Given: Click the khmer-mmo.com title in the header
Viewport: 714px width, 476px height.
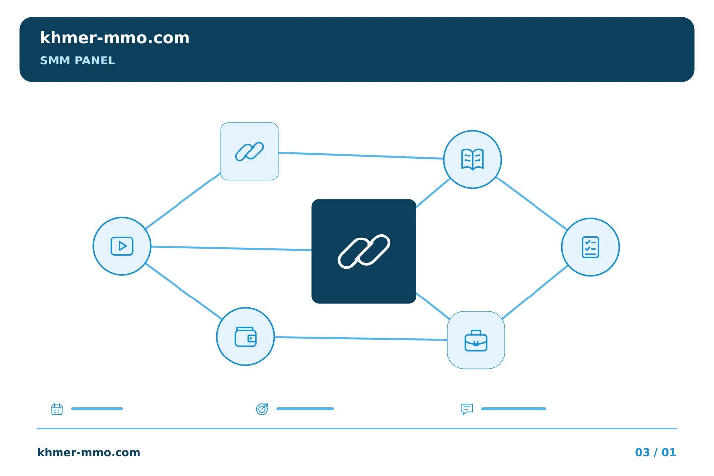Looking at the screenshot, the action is pos(115,38).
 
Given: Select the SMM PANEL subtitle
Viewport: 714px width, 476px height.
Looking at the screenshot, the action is pos(77,60).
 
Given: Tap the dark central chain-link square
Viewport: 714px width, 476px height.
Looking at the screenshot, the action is pos(364,251).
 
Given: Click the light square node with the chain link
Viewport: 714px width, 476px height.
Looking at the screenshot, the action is pos(249,151).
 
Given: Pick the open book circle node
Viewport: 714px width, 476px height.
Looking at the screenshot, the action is pos(473,160).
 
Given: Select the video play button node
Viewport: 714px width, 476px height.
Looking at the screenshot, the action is pos(122,246).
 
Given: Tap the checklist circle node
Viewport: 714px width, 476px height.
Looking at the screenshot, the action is pos(591,247).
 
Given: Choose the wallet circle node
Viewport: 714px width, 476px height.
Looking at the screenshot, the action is pos(245,337).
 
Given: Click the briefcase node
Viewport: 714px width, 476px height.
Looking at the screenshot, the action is pos(476,340).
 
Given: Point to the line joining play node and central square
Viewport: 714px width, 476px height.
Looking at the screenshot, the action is pos(231,248).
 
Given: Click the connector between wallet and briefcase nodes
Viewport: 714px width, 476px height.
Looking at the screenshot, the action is pos(361,338).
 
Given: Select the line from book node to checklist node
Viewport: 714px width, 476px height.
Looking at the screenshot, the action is pos(532,203).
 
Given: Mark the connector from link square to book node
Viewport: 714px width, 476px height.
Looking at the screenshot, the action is pos(361,155).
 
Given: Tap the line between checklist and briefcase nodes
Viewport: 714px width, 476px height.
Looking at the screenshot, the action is pos(535,293).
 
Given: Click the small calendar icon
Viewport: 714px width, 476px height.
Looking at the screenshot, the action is pos(57,409).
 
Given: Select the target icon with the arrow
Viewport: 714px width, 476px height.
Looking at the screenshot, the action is pos(262,409).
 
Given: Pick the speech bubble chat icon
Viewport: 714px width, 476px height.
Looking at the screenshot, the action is pos(467,409).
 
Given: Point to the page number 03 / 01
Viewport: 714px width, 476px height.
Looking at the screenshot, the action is pos(655,452).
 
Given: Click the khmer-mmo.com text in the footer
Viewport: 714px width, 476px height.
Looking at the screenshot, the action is pos(89,452).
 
